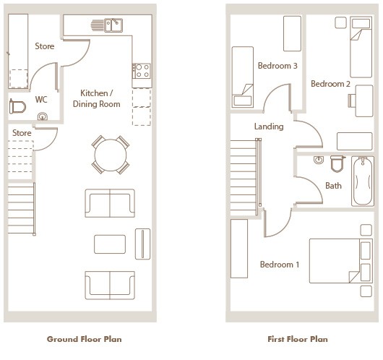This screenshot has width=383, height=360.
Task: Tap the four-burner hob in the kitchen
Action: (x=142, y=71)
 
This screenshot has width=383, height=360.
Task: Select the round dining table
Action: (x=111, y=155)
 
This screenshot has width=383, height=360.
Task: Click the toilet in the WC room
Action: (x=17, y=107)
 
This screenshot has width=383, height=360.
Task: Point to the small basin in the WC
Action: (x=43, y=116)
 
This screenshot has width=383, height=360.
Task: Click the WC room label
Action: (x=41, y=100)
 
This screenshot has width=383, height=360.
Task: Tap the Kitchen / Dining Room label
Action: (x=97, y=98)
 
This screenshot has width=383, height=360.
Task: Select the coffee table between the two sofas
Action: (x=110, y=244)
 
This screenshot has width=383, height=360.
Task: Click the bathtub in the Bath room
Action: (x=363, y=181)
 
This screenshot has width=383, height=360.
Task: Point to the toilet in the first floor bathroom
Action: (x=337, y=163)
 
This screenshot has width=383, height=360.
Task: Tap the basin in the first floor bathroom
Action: (x=319, y=160)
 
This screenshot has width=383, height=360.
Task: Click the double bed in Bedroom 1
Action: (x=341, y=261)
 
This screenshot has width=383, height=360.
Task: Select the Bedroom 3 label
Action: (x=277, y=66)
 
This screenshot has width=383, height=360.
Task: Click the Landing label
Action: (x=269, y=127)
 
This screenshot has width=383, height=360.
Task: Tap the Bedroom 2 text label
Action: (x=330, y=84)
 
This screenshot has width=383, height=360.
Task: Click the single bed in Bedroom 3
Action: (x=243, y=77)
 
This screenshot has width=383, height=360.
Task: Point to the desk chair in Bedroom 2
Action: (x=352, y=100)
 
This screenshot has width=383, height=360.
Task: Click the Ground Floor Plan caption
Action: (x=85, y=339)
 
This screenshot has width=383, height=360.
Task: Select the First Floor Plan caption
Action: (x=298, y=339)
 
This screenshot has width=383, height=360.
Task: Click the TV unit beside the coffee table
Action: (x=142, y=244)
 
